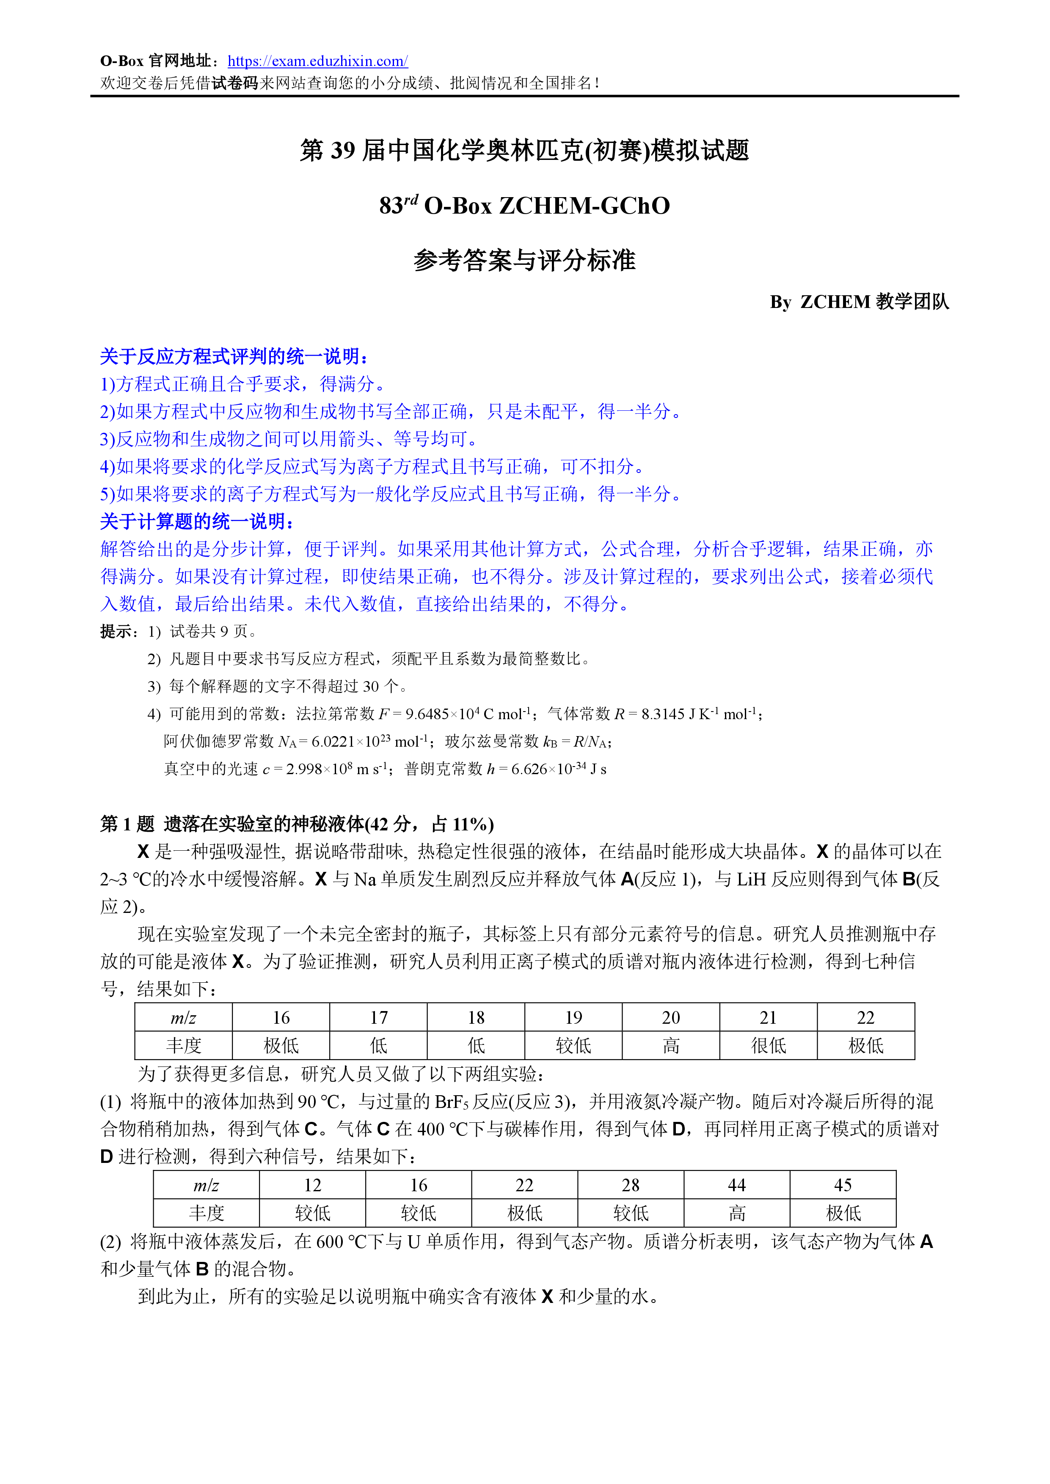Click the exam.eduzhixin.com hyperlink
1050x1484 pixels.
click(x=317, y=61)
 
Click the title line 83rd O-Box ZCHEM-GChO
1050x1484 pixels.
click(x=524, y=206)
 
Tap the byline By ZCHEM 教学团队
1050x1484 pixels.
click(x=859, y=302)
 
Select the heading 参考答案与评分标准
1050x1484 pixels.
click(x=524, y=261)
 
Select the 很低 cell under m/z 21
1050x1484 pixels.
click(x=768, y=1046)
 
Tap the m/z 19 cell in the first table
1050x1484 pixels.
click(x=573, y=1018)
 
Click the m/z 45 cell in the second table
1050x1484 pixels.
click(x=843, y=1185)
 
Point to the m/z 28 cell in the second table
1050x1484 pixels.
click(x=631, y=1185)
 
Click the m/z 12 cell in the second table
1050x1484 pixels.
click(x=312, y=1185)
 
